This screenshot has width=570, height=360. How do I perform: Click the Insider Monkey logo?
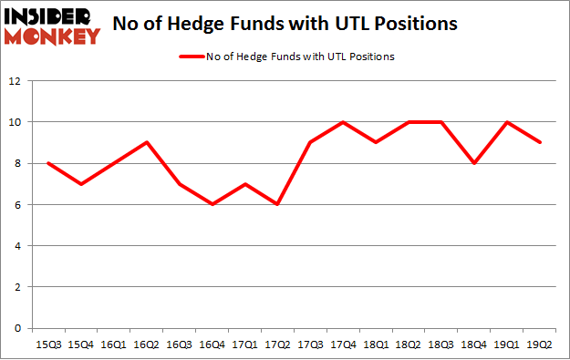(x=51, y=25)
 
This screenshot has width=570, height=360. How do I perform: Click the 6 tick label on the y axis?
(x=16, y=205)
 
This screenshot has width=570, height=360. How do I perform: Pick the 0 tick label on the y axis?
(x=16, y=329)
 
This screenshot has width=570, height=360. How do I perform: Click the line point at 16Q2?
(x=146, y=142)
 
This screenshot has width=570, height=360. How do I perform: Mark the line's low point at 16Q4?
(x=212, y=204)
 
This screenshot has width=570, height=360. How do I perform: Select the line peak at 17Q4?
(x=343, y=122)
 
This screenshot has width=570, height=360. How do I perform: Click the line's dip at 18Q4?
(x=474, y=163)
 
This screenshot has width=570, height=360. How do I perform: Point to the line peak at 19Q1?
(x=507, y=122)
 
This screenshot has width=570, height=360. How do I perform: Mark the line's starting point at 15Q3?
(x=47, y=163)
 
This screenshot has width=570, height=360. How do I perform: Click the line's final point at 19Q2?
(x=540, y=142)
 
